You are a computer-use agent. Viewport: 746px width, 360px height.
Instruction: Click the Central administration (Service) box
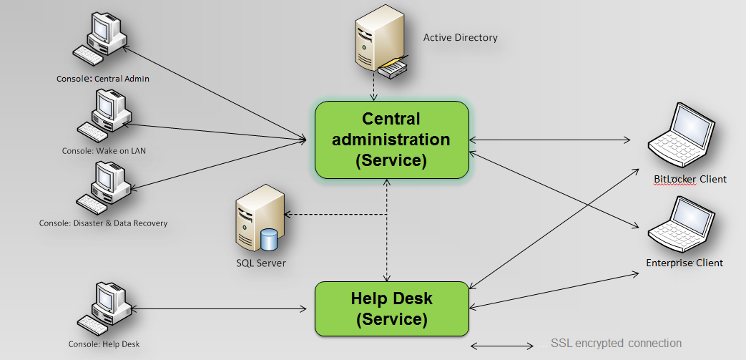pos(392,140)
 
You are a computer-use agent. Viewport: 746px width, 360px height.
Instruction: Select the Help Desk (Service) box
pos(392,308)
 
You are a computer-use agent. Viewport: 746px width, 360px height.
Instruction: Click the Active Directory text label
pos(461,38)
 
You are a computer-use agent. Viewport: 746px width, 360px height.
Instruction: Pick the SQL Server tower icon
pos(260,221)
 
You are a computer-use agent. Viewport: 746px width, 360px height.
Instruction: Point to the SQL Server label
pos(261,263)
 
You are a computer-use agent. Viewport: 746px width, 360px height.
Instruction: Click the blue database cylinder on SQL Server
pos(269,240)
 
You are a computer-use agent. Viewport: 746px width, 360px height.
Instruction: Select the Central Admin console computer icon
pos(99,38)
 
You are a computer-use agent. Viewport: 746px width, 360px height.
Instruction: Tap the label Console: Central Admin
pos(103,79)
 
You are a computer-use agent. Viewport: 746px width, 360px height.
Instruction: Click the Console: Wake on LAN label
pos(104,151)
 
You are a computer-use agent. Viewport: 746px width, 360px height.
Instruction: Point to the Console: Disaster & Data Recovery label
pos(103,223)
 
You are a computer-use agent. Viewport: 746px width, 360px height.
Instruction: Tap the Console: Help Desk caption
pos(104,344)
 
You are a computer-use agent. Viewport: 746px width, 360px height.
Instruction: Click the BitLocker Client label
pos(690,179)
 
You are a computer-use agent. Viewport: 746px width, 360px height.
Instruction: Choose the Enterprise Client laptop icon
pos(682,224)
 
